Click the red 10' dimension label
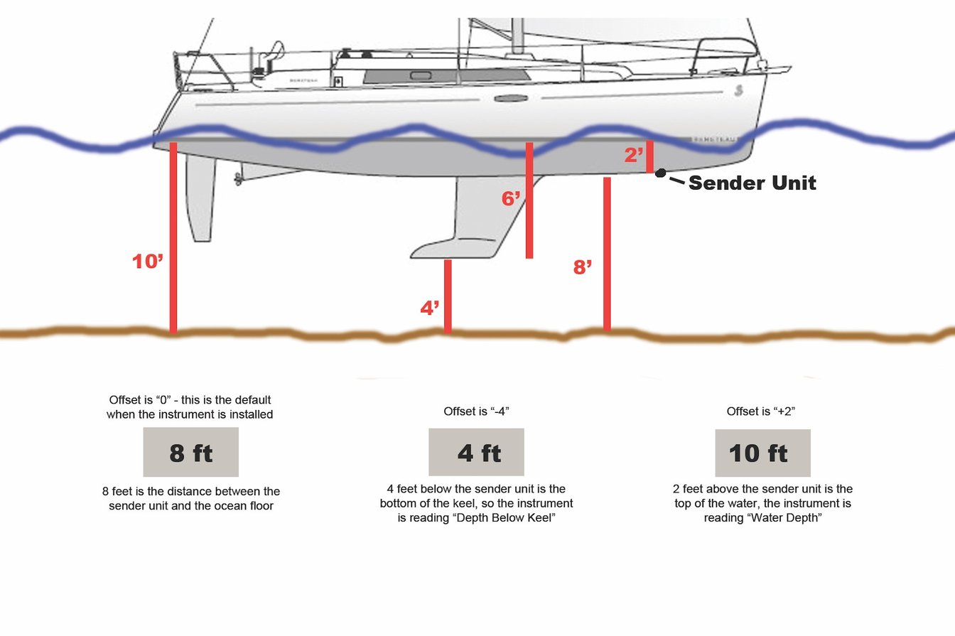click(x=148, y=262)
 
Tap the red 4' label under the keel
click(x=430, y=308)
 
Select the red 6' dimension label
click(x=511, y=199)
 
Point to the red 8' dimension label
click(x=583, y=268)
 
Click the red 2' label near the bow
click(x=634, y=156)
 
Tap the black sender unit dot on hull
click(x=660, y=173)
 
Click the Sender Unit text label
click(x=752, y=183)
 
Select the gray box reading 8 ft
click(x=190, y=453)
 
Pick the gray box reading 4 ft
click(x=476, y=452)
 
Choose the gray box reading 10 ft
click(x=762, y=453)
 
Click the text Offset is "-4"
click(x=477, y=411)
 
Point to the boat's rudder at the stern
click(x=200, y=199)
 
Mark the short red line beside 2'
click(x=649, y=156)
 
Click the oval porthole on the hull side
click(x=511, y=98)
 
